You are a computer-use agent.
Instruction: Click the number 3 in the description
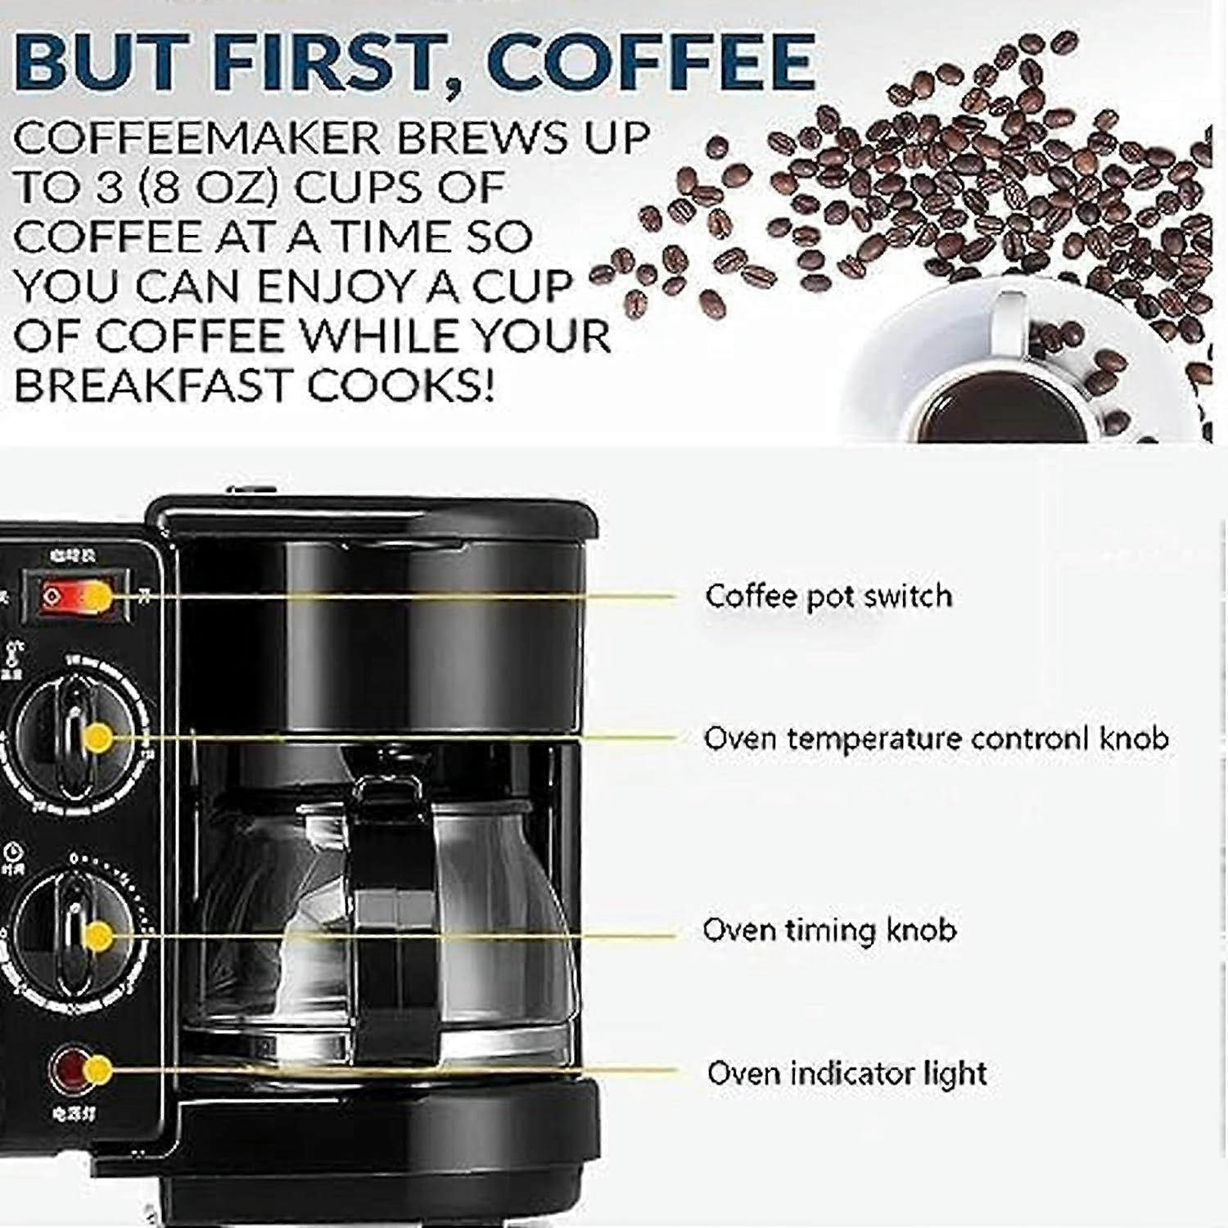point(108,187)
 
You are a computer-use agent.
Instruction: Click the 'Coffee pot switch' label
point(828,596)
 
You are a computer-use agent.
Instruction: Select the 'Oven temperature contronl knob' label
point(936,738)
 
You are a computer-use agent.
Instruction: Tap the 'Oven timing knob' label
point(829,930)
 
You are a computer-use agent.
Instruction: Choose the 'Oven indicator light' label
point(847,1073)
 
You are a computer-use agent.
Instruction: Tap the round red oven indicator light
point(70,1069)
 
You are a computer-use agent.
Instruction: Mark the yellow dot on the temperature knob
point(99,738)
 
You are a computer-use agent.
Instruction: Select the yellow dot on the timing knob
point(98,936)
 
